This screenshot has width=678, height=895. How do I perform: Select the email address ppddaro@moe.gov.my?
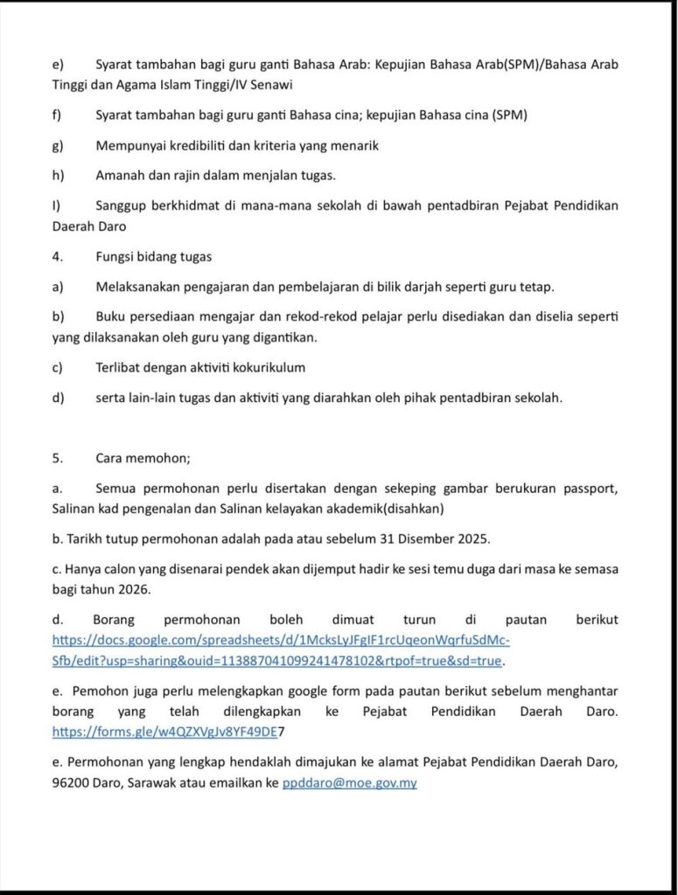[x=349, y=783]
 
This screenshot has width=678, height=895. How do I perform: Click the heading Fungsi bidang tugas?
[x=153, y=257]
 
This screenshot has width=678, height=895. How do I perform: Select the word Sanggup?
[x=122, y=205]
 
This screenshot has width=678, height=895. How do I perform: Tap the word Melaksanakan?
[x=140, y=287]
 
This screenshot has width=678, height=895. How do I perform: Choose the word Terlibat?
[x=121, y=367]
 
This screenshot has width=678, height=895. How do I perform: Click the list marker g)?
[x=59, y=146]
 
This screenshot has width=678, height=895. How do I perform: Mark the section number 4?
[x=57, y=257]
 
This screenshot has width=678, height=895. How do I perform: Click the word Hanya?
[x=84, y=568]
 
